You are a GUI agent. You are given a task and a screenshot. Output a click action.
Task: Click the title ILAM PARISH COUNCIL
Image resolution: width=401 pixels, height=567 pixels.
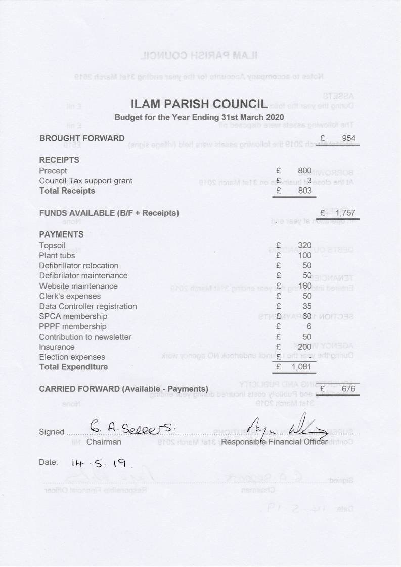(x=199, y=105)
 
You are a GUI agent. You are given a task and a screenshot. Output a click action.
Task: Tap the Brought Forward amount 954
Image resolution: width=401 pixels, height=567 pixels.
(x=348, y=138)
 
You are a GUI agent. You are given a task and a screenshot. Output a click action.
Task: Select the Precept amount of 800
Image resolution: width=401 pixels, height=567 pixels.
(x=304, y=171)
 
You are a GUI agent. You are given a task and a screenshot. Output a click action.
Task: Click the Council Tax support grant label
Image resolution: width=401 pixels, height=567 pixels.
(x=86, y=181)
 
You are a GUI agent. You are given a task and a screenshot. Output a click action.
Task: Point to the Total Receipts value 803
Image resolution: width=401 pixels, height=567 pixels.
(x=304, y=191)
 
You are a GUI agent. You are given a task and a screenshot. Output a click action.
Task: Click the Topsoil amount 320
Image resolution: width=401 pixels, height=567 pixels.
(x=305, y=246)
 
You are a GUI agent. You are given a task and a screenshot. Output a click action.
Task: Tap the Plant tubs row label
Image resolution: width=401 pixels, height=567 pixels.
(x=57, y=256)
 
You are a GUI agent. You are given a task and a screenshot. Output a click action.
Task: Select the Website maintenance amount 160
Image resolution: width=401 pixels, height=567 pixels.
(x=304, y=286)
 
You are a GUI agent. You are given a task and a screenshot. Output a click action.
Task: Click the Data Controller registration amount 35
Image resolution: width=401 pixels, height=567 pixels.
(x=307, y=306)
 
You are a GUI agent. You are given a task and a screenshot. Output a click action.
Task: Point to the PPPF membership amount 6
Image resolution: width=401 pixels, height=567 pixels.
(x=309, y=326)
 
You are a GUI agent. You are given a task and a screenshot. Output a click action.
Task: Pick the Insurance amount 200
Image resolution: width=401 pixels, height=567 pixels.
(x=304, y=347)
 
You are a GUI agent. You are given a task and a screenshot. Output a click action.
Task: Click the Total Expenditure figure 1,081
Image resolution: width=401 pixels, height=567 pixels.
(x=302, y=367)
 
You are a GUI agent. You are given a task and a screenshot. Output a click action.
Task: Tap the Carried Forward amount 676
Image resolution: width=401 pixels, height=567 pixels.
(x=348, y=389)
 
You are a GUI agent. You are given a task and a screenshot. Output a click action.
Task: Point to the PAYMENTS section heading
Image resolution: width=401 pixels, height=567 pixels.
(x=61, y=234)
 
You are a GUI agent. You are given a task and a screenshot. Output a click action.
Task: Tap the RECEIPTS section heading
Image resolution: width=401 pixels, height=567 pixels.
(x=59, y=160)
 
